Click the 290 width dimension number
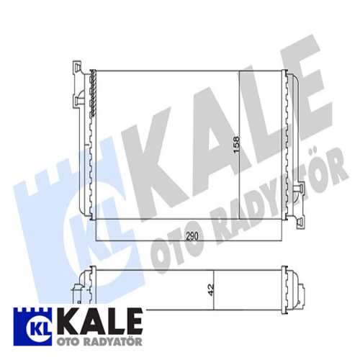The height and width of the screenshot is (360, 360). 192,236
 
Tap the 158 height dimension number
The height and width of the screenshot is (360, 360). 236,145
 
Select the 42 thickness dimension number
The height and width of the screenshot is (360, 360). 210,289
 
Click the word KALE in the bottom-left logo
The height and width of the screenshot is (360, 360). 99,322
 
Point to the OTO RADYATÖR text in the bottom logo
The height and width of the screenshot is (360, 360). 99,341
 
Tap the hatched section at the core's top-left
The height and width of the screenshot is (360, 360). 94,94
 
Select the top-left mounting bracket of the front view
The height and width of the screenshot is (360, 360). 78,85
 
